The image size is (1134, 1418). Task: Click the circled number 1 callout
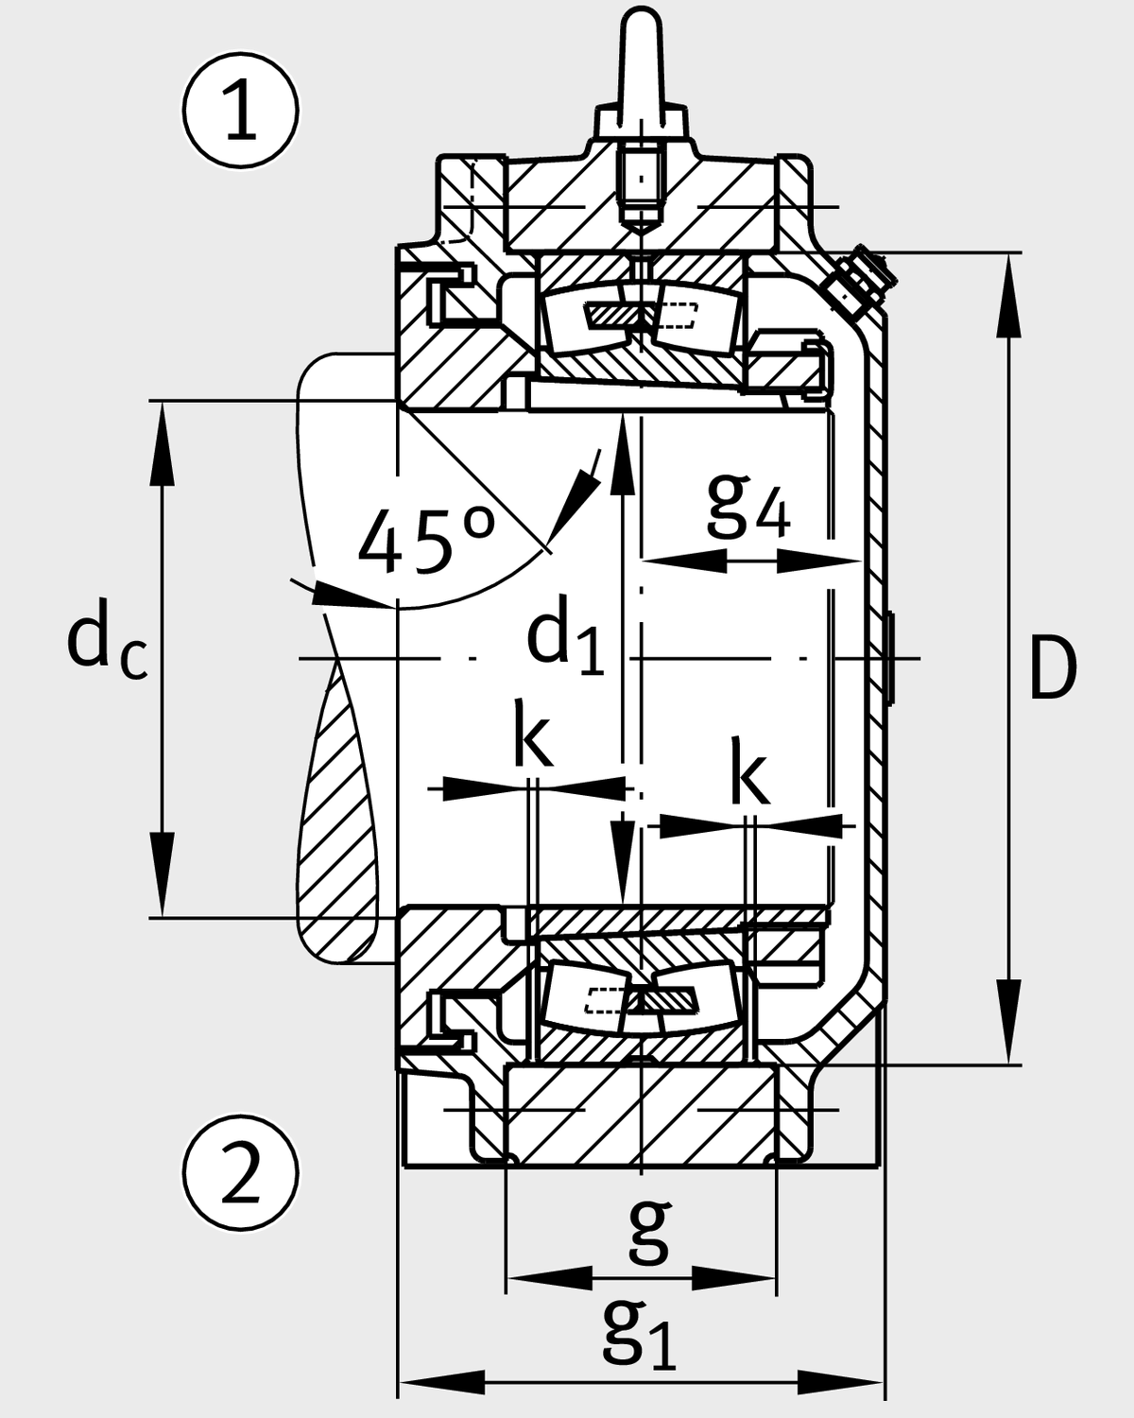coord(241,111)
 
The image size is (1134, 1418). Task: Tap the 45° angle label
coord(426,542)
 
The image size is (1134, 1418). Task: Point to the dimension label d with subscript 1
coord(564,640)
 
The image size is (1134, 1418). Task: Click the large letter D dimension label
coord(1052,668)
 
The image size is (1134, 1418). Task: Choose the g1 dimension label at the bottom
coord(640,1334)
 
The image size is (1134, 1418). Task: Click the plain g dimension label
coord(649,1232)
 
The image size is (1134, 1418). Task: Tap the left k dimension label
coord(532,733)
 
